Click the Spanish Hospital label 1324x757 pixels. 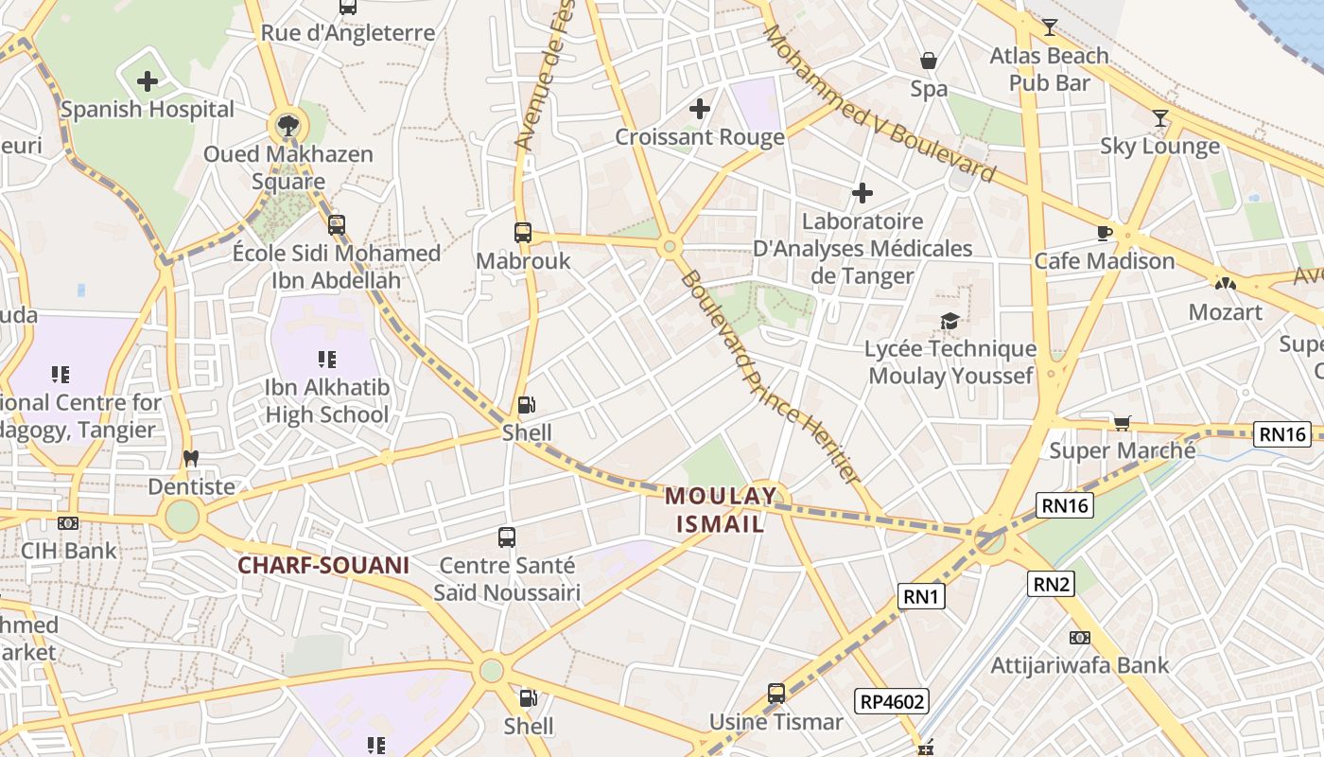(148, 110)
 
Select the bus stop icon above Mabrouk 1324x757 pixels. (523, 232)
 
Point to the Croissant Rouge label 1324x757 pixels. (700, 137)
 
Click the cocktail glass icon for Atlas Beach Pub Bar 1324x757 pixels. (1049, 26)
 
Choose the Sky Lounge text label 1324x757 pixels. (1159, 146)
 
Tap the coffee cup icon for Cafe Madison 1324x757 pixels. (1104, 233)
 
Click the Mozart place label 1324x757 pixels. (1225, 312)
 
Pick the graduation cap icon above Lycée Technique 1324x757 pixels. (949, 322)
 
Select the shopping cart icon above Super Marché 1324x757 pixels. (1122, 422)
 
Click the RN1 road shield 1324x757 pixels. (921, 596)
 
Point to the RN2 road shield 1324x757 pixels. (1051, 584)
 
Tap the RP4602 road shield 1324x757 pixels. (892, 701)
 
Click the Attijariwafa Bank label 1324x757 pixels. (1079, 665)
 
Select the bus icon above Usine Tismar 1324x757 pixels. (776, 694)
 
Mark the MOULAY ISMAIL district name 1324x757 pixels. (721, 509)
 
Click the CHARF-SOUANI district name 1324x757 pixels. (322, 566)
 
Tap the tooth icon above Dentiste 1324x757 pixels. (191, 458)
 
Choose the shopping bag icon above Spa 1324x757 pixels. (929, 61)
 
